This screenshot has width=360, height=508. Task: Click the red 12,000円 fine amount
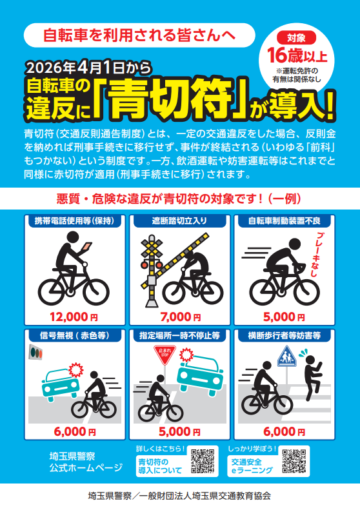(74, 317)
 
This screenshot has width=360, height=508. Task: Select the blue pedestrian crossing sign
(286, 356)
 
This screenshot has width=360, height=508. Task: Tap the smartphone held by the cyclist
(87, 246)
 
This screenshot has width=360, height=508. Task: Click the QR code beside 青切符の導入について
(203, 461)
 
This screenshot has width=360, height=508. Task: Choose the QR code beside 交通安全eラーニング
(294, 461)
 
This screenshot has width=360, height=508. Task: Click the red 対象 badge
(296, 38)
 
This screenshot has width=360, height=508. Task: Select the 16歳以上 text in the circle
(297, 55)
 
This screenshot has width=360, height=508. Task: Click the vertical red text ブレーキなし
(314, 255)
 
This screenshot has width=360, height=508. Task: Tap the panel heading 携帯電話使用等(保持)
(75, 221)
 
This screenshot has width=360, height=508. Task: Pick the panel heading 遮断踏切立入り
(179, 221)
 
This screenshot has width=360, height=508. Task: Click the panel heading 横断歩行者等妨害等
(285, 336)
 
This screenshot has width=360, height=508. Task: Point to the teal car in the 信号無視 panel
(61, 386)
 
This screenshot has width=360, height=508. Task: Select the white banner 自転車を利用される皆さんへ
(139, 35)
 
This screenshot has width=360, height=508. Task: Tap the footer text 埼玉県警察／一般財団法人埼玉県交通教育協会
(179, 496)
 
